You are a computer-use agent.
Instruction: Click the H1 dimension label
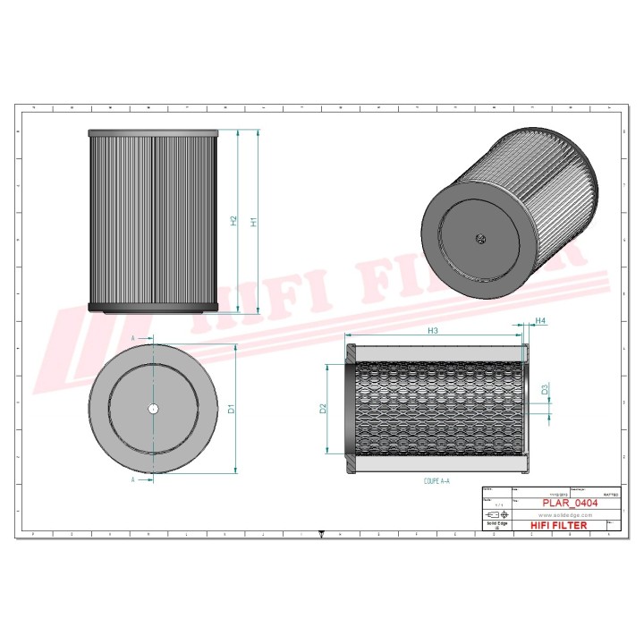253,221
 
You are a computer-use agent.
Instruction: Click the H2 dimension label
233,221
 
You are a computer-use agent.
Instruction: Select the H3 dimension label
433,331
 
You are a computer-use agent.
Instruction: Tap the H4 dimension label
540,321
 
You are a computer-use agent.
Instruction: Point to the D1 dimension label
231,409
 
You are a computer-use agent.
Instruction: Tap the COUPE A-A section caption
436,481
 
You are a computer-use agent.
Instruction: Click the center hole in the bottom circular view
153,409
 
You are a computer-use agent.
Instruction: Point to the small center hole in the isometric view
479,238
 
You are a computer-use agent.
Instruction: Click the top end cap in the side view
153,134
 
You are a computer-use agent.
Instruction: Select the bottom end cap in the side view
153,309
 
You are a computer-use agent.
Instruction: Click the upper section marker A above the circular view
132,339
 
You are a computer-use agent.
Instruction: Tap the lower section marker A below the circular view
132,479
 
